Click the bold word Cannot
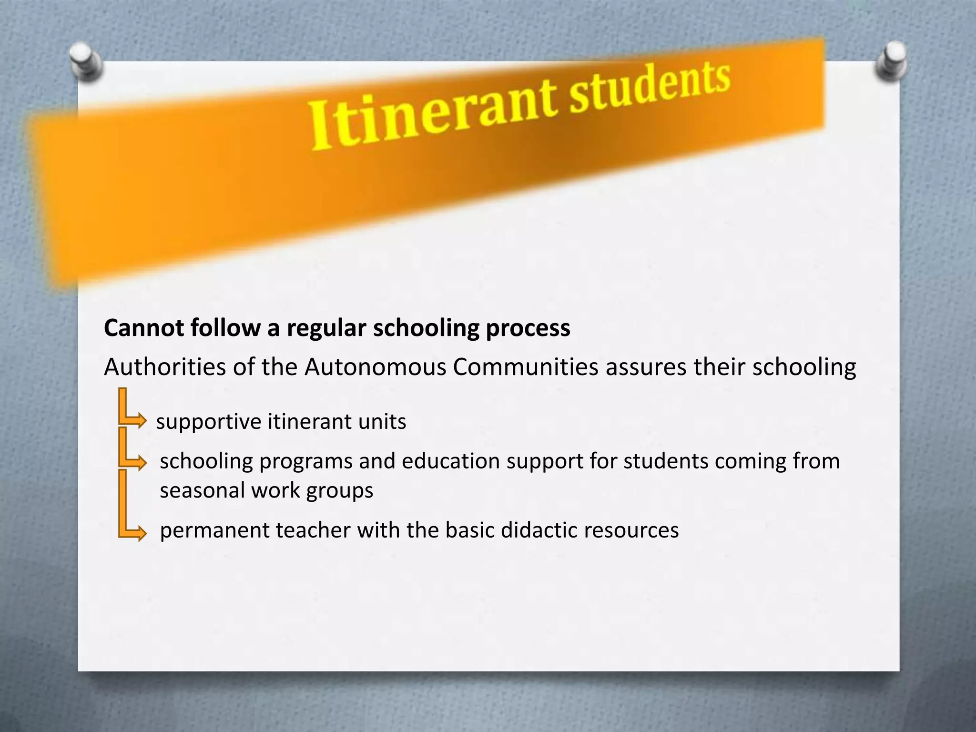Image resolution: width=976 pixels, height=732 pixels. (143, 328)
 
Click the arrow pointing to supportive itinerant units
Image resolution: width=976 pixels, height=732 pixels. (138, 421)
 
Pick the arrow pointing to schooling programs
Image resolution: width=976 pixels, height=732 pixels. (138, 462)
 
